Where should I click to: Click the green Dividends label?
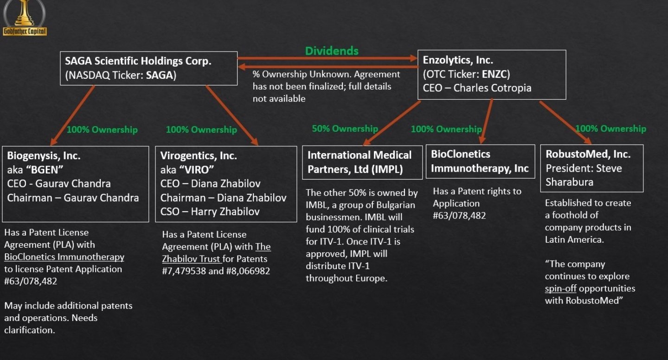coord(332,51)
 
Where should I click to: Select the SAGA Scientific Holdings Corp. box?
coord(149,68)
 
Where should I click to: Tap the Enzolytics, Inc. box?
coord(492,74)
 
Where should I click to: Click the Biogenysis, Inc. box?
coord(76,184)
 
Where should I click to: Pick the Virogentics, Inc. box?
coord(227,184)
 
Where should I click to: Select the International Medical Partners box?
coord(362,162)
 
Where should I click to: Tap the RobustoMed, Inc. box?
coord(592,168)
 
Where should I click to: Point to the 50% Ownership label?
coord(345,129)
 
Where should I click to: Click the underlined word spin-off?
coord(560,289)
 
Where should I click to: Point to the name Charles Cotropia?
coord(492,88)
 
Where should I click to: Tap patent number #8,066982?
coord(248,271)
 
